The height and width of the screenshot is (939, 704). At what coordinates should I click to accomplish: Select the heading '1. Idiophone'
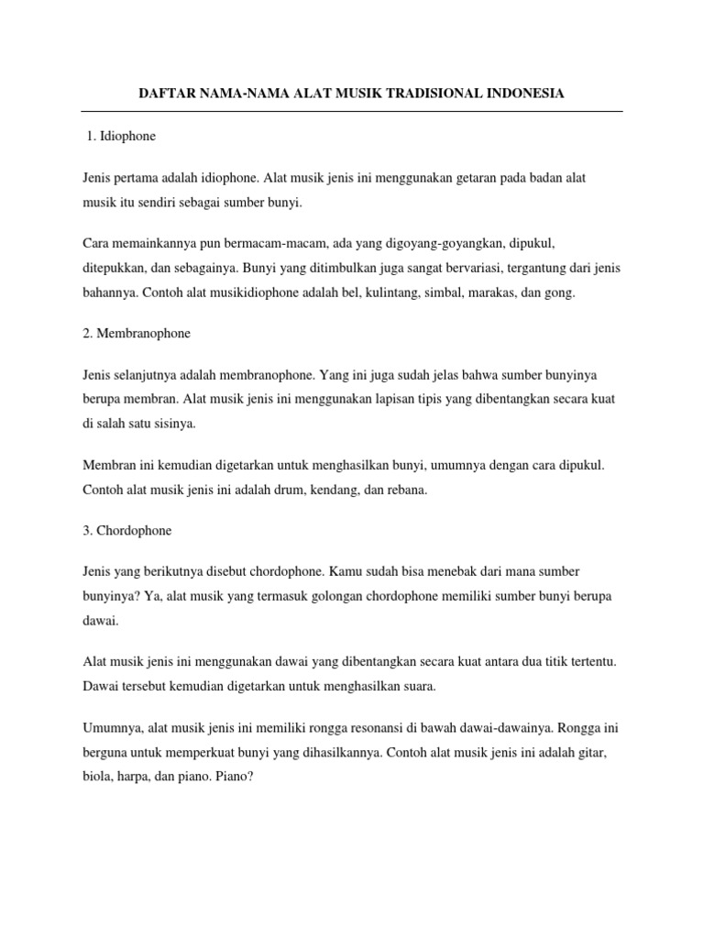coord(121,137)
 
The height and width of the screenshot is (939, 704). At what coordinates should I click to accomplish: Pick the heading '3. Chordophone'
coord(126,530)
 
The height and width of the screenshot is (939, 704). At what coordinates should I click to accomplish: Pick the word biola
coord(97,776)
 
